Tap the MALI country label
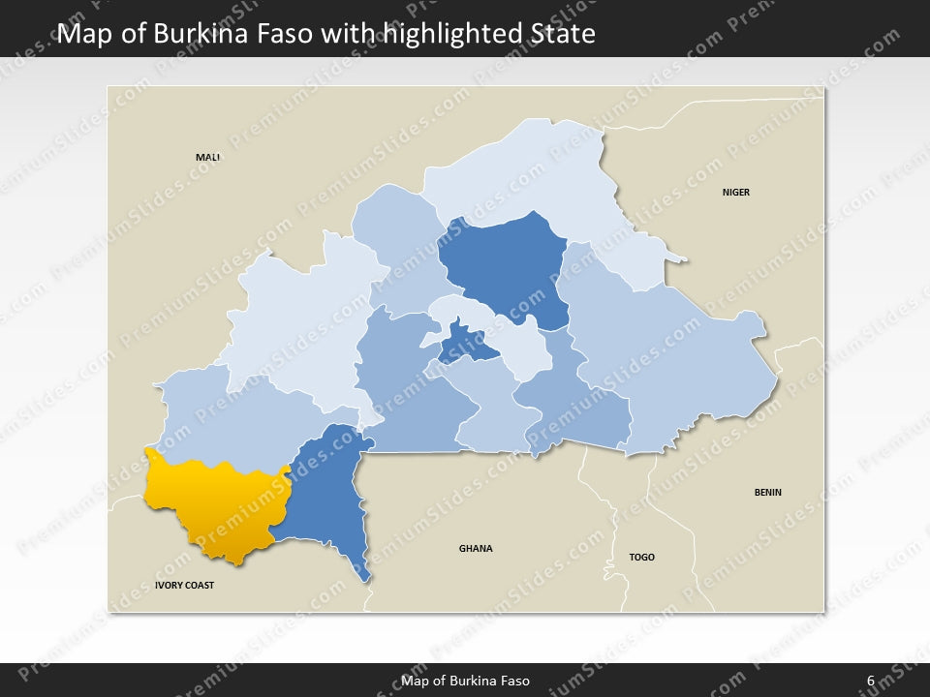pyautogui.click(x=207, y=157)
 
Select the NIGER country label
pyautogui.click(x=735, y=193)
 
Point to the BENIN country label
pyautogui.click(x=767, y=493)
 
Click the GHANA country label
pyautogui.click(x=476, y=549)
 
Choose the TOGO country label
pyautogui.click(x=641, y=558)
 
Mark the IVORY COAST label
pyautogui.click(x=184, y=586)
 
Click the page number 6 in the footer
pyautogui.click(x=871, y=681)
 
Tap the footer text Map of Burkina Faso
pyautogui.click(x=465, y=681)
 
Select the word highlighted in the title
pyautogui.click(x=445, y=35)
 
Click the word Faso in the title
pyautogui.click(x=289, y=35)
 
